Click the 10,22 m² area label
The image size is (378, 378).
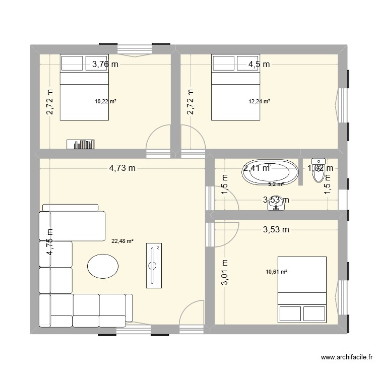click(x=105, y=101)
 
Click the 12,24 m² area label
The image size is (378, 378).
click(x=259, y=101)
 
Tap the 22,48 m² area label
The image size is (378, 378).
click(x=122, y=241)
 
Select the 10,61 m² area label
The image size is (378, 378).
click(x=276, y=272)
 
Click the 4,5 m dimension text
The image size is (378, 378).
click(x=259, y=64)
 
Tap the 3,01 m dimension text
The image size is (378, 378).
click(x=225, y=272)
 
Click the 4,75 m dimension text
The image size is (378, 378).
click(x=50, y=242)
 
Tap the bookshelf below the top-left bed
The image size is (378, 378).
click(x=81, y=145)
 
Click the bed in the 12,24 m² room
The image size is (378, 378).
click(x=235, y=88)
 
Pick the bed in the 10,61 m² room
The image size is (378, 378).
click(x=302, y=289)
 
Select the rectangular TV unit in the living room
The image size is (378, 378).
click(x=154, y=265)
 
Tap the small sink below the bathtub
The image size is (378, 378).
click(x=276, y=206)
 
